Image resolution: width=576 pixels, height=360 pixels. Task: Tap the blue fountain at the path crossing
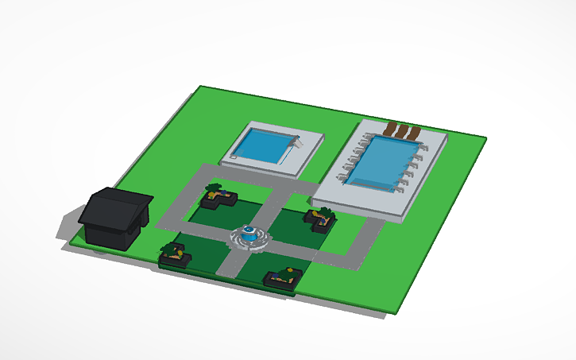(x=250, y=234)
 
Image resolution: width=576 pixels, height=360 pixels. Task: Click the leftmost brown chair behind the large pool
(x=391, y=129)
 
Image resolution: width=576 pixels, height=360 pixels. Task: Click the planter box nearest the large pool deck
(x=319, y=219)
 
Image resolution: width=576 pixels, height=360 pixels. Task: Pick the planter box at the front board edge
(x=283, y=278)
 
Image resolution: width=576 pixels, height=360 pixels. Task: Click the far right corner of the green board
(x=485, y=139)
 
